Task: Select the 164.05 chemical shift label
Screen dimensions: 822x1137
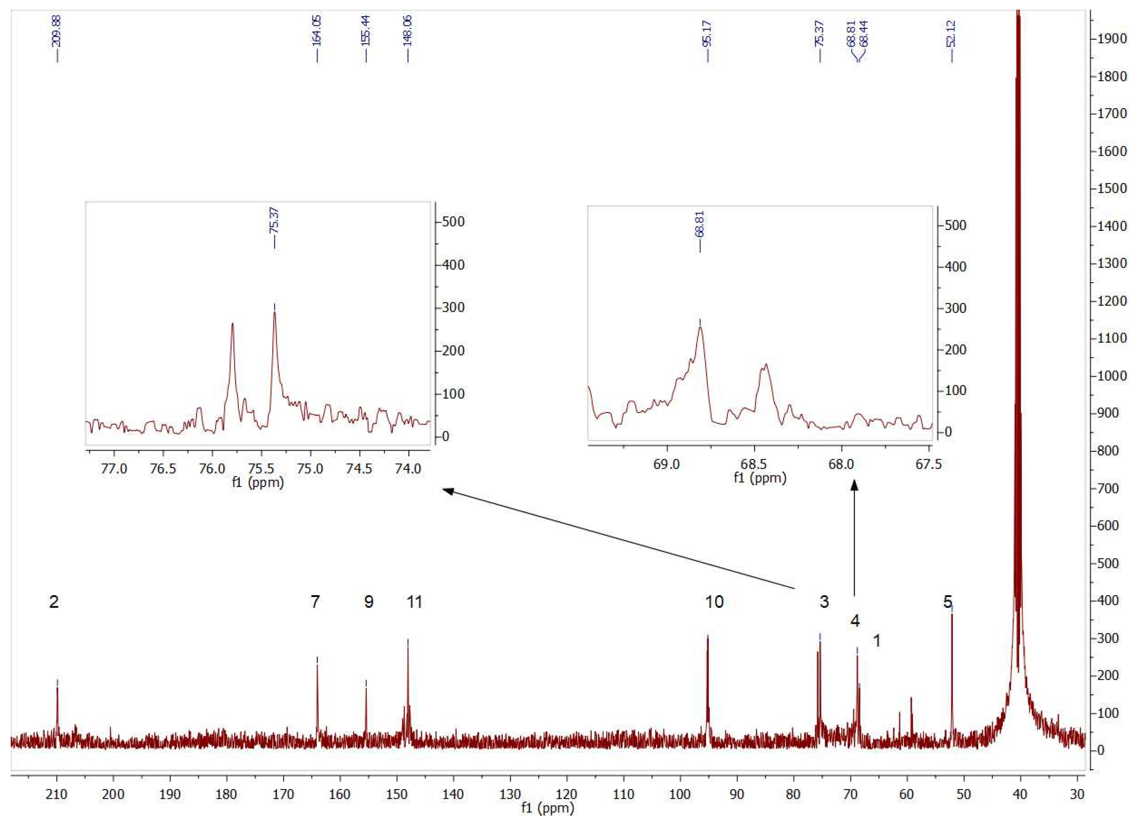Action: coord(317,31)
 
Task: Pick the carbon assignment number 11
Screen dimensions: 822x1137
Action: coord(414,602)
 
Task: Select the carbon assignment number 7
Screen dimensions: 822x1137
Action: coord(315,602)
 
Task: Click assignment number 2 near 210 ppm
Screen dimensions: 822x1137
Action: coord(54,602)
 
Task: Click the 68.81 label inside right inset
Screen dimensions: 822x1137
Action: coord(700,224)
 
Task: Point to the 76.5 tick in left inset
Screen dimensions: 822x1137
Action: coord(163,469)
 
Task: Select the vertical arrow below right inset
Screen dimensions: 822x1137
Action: coord(854,537)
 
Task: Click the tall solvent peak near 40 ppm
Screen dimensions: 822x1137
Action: coord(1018,351)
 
